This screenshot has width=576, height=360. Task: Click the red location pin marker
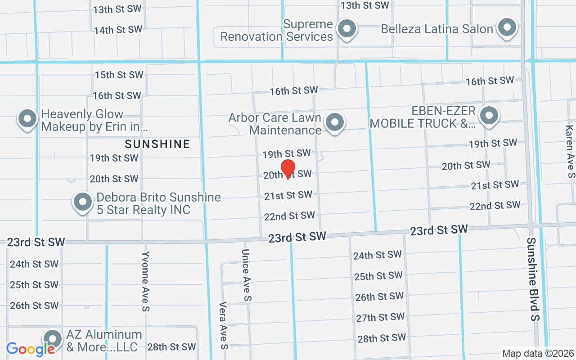288,168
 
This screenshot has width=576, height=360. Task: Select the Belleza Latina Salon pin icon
507,27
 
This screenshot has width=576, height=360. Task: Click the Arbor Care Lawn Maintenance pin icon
334,122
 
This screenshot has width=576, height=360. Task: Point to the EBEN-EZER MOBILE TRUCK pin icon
489,116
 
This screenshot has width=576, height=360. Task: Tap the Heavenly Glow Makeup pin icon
27,119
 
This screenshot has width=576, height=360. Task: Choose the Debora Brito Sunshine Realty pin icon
83,202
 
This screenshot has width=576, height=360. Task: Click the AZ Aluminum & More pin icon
53,339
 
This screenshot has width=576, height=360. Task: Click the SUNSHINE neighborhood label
157,144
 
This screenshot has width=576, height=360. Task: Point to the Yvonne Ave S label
145,281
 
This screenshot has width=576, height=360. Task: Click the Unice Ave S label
246,275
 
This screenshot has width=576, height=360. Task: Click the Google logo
30,349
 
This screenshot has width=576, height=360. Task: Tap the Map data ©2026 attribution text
538,353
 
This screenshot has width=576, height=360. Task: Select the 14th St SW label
118,30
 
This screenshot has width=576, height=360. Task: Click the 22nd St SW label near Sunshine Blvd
495,206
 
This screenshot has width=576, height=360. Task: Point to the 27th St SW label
380,317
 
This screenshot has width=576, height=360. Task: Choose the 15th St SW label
119,75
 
